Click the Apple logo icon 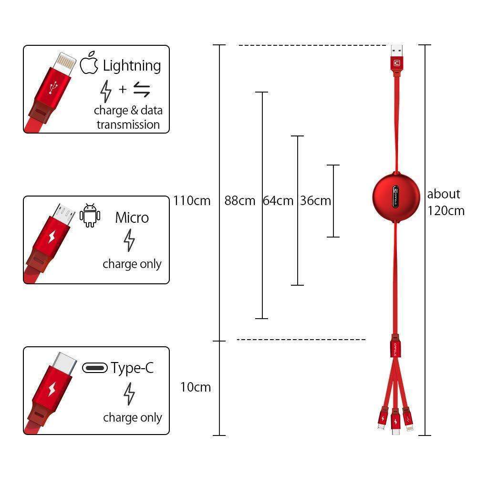tap(89, 64)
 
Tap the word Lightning tap(132, 65)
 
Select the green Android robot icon tap(90, 215)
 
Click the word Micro tap(132, 218)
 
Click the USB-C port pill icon tap(95, 368)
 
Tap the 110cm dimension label tap(192, 200)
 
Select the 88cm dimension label tap(240, 200)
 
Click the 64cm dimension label tap(278, 200)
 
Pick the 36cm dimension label tap(315, 200)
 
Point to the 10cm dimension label tap(195, 387)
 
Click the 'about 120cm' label tap(446, 202)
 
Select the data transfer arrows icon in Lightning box tap(141, 89)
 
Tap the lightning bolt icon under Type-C tap(129, 394)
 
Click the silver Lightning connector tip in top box tap(64, 63)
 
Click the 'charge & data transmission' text tap(128, 117)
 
